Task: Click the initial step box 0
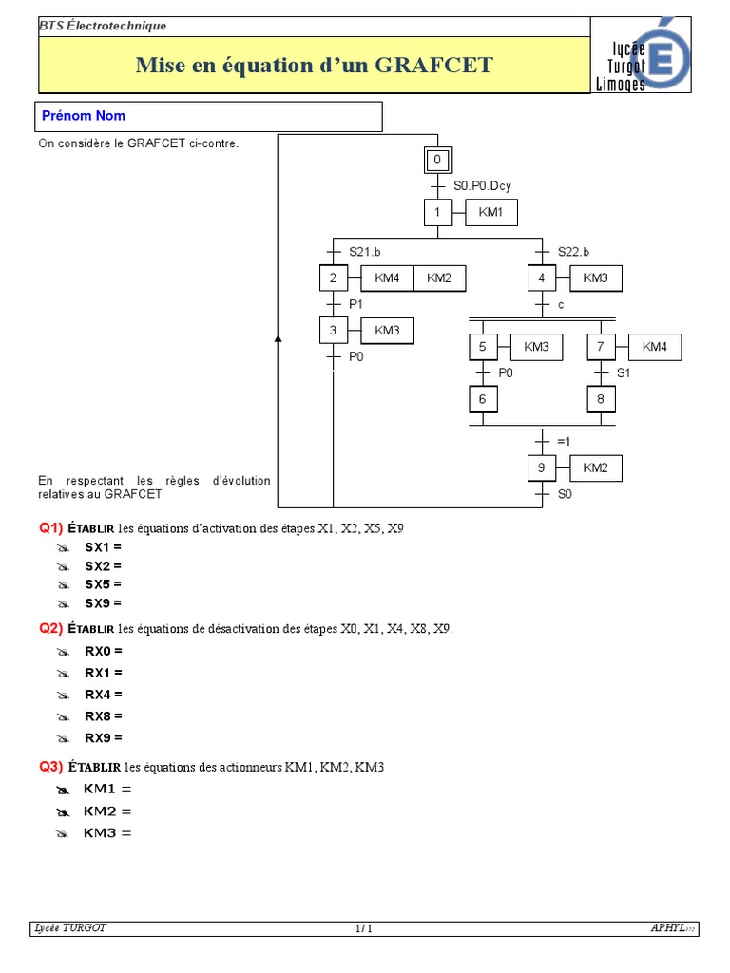pyautogui.click(x=437, y=160)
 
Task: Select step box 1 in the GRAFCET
pyautogui.click(x=437, y=212)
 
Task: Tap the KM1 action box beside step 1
pyautogui.click(x=491, y=212)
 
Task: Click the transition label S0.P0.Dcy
pyautogui.click(x=482, y=186)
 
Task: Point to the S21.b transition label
pyautogui.click(x=365, y=252)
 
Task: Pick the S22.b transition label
pyautogui.click(x=573, y=252)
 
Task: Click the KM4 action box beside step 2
pyautogui.click(x=387, y=277)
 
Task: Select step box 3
pyautogui.click(x=333, y=330)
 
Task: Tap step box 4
pyautogui.click(x=541, y=277)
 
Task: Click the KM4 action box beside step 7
pyautogui.click(x=655, y=347)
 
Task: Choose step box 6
pyautogui.click(x=482, y=399)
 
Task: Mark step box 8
pyautogui.click(x=601, y=399)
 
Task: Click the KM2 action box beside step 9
pyautogui.click(x=595, y=468)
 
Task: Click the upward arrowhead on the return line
pyautogui.click(x=279, y=337)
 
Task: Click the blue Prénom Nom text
pyautogui.click(x=84, y=116)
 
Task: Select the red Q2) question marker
pyautogui.click(x=50, y=629)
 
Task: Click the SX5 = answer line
pyautogui.click(x=103, y=584)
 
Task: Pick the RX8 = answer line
pyautogui.click(x=104, y=715)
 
